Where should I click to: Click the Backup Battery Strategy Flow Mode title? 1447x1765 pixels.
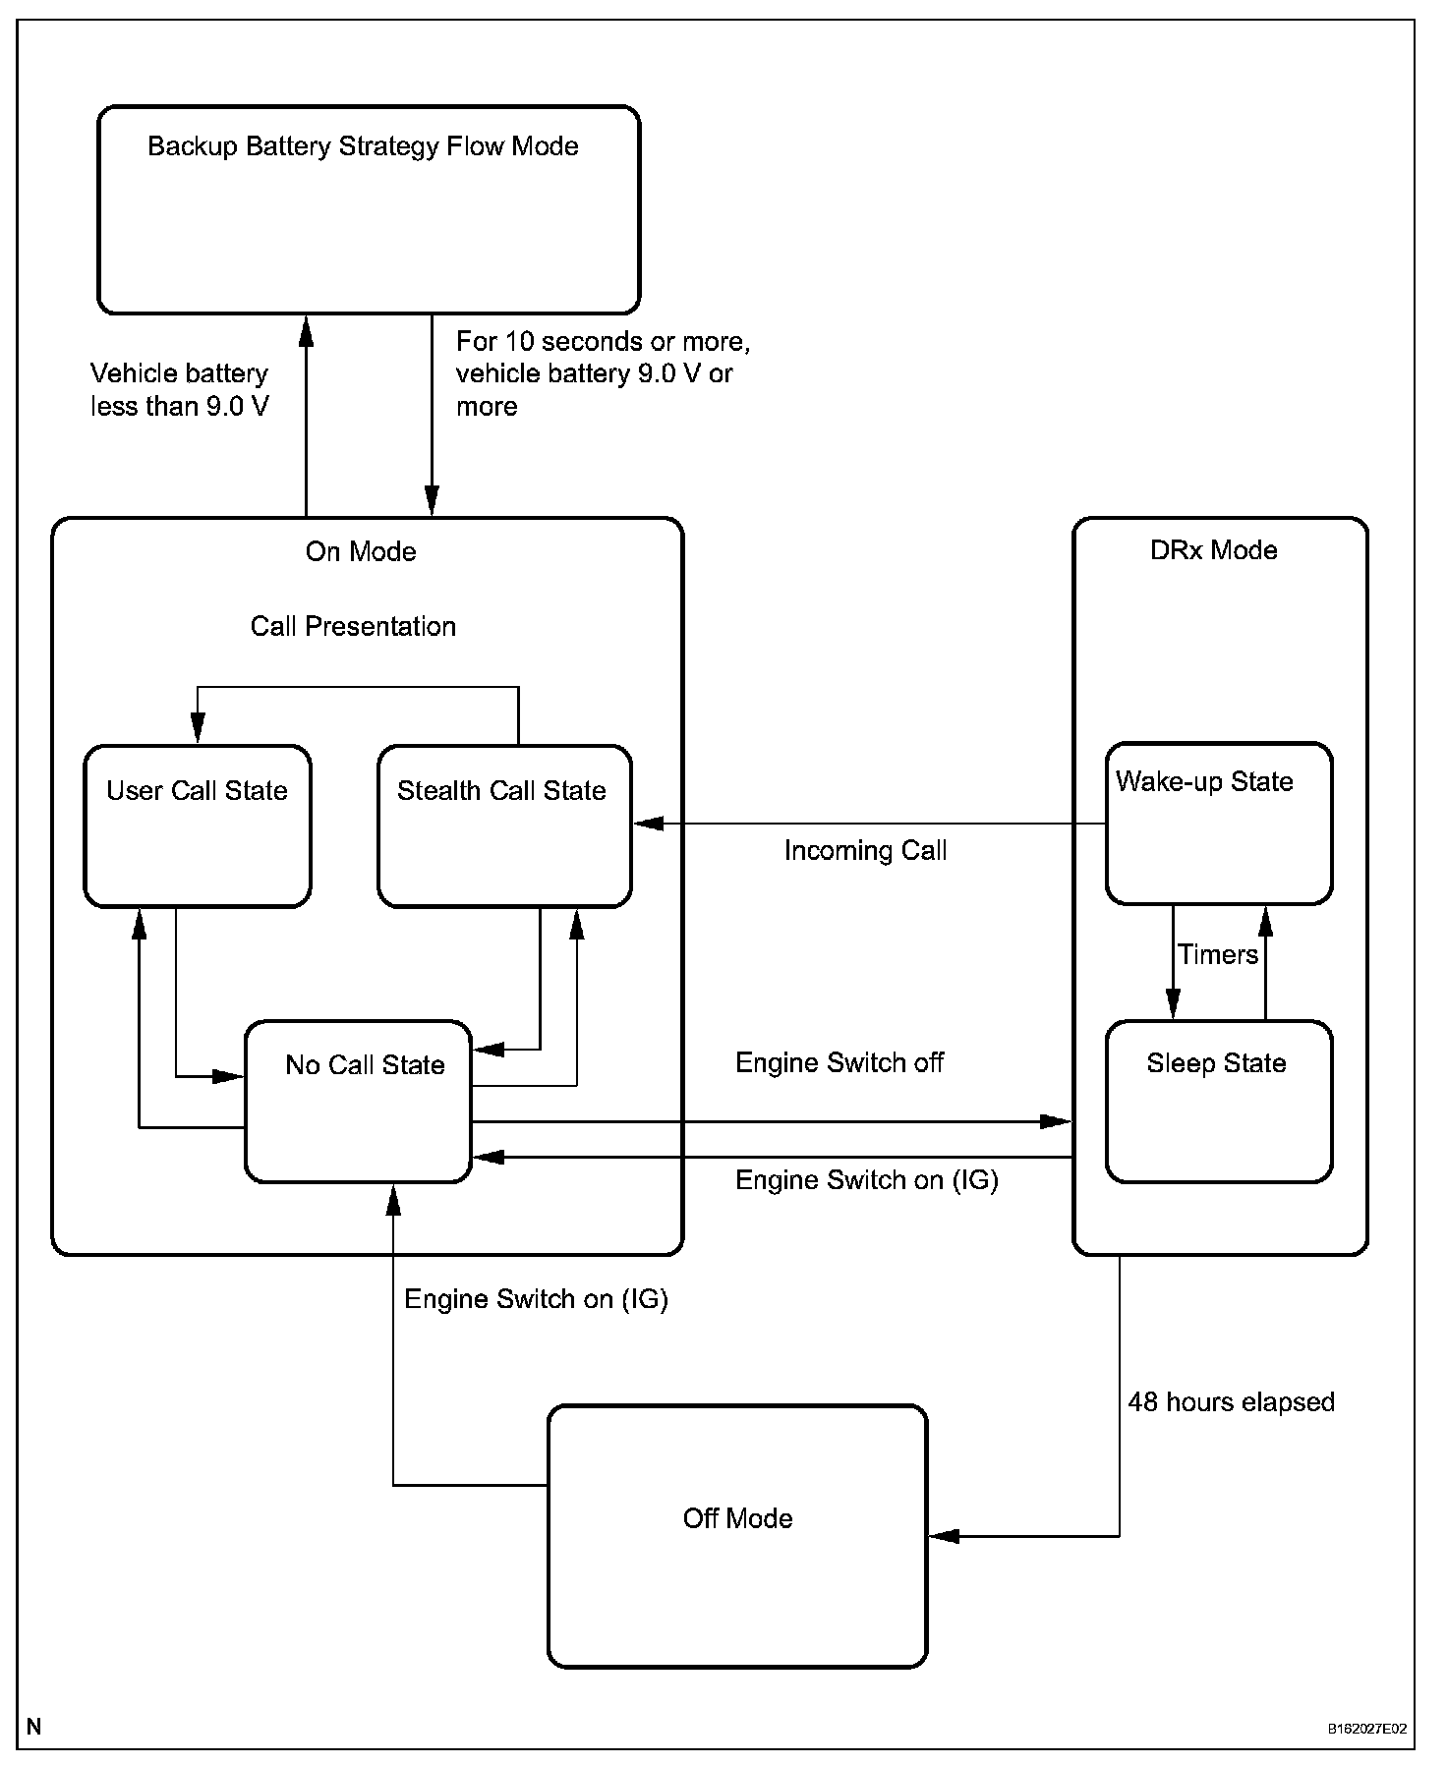click(363, 146)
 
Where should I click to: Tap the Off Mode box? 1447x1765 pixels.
click(737, 1535)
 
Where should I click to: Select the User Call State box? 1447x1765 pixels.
click(198, 826)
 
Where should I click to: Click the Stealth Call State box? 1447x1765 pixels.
click(504, 826)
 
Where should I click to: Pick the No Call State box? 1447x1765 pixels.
click(358, 1101)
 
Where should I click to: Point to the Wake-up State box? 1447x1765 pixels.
click(1219, 823)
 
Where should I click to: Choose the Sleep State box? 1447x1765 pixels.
click(1219, 1101)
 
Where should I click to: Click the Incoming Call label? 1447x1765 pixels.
click(865, 850)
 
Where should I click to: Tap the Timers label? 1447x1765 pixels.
click(1218, 954)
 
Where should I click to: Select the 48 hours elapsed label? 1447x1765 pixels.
click(1231, 1401)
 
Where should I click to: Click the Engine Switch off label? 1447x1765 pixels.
click(839, 1062)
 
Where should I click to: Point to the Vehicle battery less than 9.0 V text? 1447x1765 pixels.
click(180, 389)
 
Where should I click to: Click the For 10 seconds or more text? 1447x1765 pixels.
click(604, 342)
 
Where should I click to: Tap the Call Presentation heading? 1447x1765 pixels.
click(353, 626)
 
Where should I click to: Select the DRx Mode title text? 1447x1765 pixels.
click(1213, 549)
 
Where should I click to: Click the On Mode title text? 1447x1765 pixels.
click(361, 551)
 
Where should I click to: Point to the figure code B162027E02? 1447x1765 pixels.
click(1367, 1728)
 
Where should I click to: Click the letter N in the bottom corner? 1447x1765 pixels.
click(34, 1727)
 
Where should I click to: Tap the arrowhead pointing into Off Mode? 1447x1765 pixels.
click(943, 1535)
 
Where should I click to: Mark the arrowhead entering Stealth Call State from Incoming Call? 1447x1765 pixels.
click(648, 824)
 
